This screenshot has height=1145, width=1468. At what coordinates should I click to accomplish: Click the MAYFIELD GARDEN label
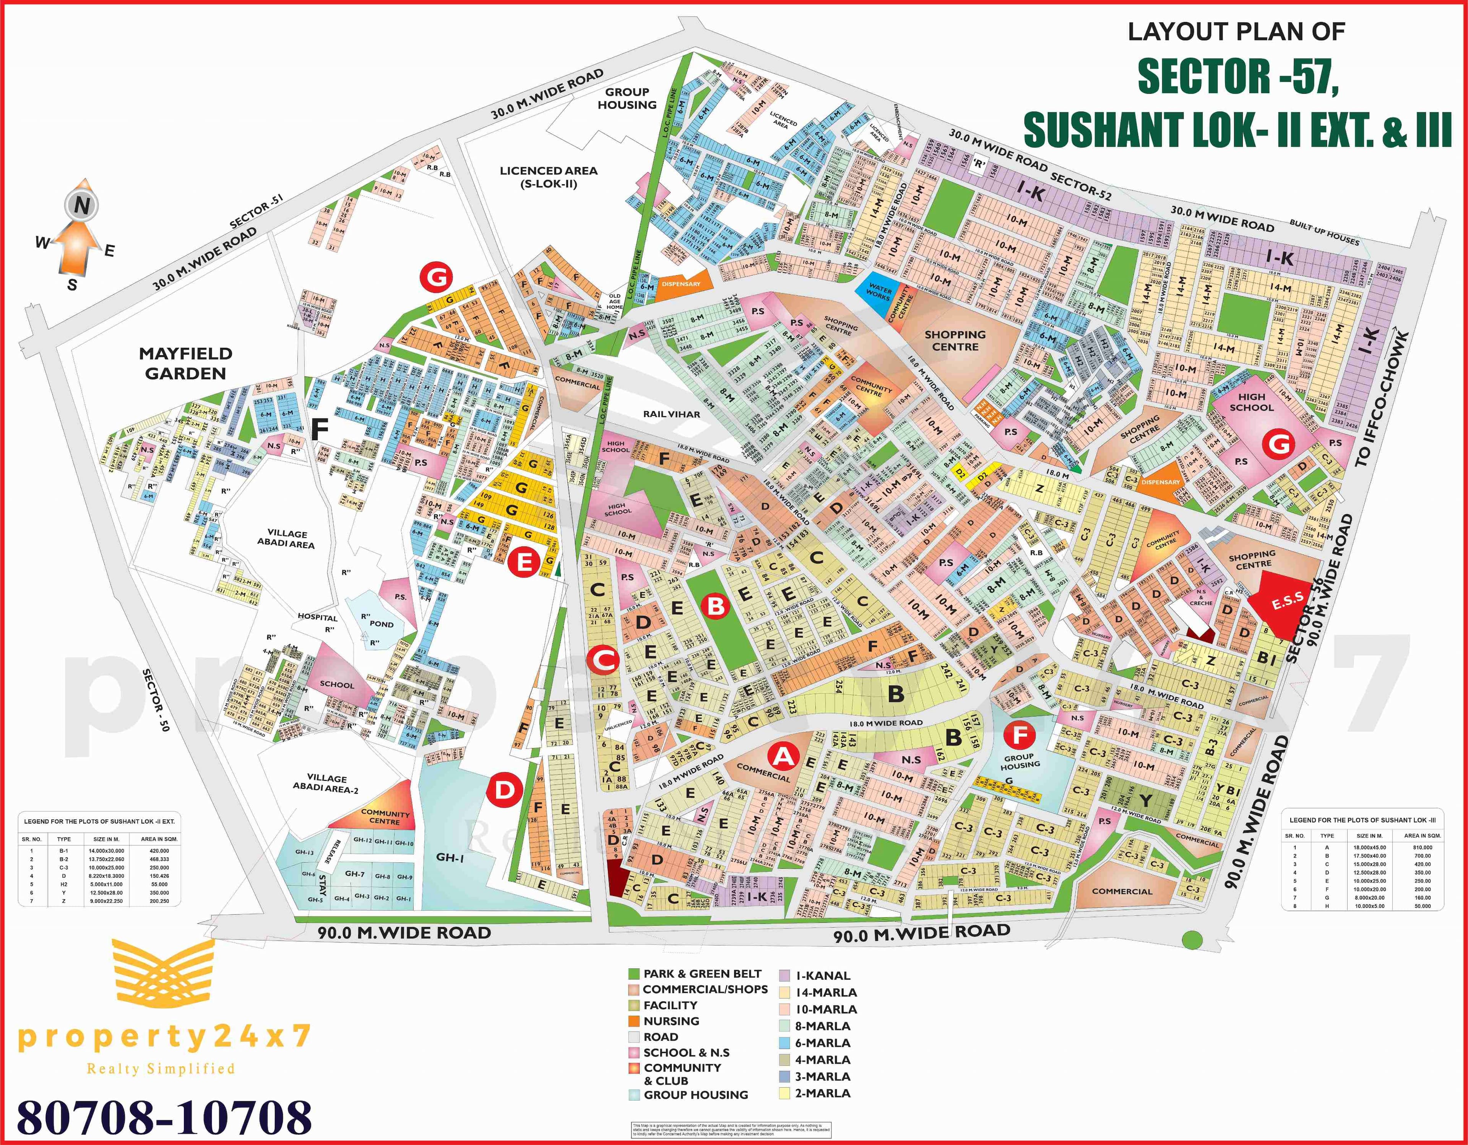click(185, 363)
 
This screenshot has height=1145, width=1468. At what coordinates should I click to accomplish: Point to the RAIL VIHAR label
click(671, 414)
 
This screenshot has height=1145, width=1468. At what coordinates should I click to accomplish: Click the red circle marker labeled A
click(783, 757)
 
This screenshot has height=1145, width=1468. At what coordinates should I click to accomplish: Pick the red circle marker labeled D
click(504, 790)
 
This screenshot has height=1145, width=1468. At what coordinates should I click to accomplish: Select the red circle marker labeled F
click(1020, 736)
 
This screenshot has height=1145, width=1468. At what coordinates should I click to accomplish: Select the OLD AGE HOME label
click(614, 301)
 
